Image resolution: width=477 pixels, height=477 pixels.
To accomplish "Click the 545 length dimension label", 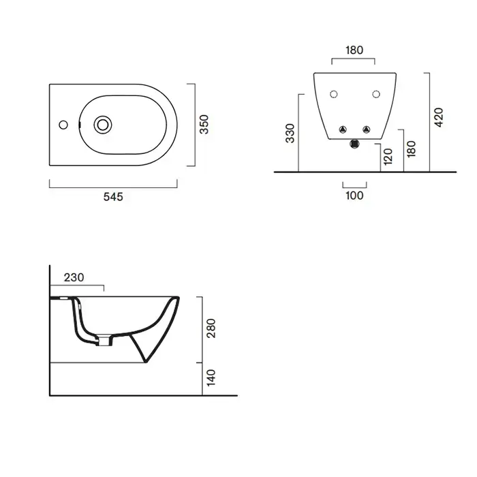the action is pos(113,197).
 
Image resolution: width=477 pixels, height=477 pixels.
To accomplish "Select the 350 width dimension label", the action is pos(204,125).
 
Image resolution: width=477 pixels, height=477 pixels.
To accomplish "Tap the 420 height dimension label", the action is pos(438,117).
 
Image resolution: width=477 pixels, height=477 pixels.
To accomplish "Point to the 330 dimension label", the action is pos(290,134).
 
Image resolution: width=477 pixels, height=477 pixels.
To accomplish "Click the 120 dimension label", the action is pos(388,157).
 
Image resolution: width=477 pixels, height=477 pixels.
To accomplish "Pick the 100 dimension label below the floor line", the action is pos(354,196).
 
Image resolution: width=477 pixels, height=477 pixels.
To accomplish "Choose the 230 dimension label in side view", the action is pos(74,277).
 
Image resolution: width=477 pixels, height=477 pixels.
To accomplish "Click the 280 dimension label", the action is pos(211,328).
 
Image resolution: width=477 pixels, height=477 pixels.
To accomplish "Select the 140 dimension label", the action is pos(211,378).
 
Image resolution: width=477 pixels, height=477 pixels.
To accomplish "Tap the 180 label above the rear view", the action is pos(354,50).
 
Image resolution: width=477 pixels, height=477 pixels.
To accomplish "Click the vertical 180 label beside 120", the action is pos(411,149).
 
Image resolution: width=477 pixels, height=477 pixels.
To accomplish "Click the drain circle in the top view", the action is pos(103,125).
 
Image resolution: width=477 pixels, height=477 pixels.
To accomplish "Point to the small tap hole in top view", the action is pos(63,125).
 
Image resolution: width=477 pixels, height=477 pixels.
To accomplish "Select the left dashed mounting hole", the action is pos(334,94).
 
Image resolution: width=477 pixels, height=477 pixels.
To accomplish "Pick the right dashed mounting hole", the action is pos(376,94).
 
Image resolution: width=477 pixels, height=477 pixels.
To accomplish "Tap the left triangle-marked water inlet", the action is pos(343,129).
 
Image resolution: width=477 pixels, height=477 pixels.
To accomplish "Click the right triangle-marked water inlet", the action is pos(367,129).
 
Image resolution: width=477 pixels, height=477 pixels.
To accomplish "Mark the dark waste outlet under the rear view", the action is pos(355,144).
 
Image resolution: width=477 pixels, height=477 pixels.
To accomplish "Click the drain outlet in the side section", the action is pos(104,341).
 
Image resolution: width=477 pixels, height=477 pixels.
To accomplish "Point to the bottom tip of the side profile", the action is pos(145,362).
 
